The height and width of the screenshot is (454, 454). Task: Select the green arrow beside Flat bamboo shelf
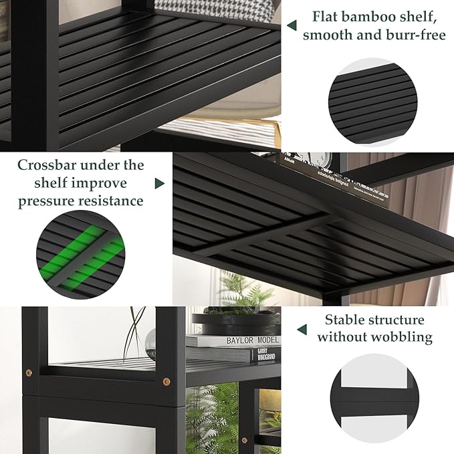(292, 25)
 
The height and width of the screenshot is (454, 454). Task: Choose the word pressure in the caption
(47, 201)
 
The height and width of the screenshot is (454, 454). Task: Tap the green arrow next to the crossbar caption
(160, 183)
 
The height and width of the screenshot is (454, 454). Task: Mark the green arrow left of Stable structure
(302, 329)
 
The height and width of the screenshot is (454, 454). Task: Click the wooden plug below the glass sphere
(166, 382)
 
